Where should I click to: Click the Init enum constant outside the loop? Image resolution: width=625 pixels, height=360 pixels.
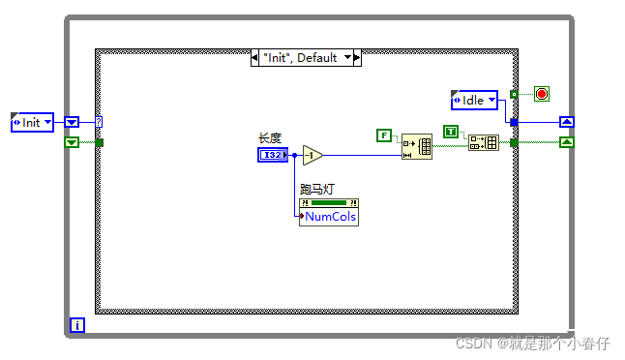pos(33,122)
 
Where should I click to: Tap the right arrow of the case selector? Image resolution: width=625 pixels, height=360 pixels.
pos(356,58)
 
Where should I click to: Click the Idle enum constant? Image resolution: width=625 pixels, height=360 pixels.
pos(474,100)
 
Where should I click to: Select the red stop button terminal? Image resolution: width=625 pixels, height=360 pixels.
pos(541,94)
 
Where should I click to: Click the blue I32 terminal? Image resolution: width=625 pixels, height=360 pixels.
pos(273,155)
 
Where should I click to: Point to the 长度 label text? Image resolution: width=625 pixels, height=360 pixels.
pos(269,138)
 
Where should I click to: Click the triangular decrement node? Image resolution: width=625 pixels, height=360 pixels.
pos(312,155)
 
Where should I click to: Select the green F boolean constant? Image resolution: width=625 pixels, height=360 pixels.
pos(384,135)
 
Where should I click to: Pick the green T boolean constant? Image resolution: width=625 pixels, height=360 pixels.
pos(450,132)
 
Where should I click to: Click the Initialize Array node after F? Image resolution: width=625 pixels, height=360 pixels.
pos(417,146)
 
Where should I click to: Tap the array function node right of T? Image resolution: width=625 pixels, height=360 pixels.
pos(483,142)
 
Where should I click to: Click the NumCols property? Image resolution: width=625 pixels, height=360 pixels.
pos(330,217)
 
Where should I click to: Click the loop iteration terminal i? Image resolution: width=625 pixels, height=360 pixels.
pos(77,325)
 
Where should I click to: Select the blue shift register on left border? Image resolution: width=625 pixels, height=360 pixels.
pos(72,122)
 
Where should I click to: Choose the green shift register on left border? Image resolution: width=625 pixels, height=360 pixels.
pos(72,142)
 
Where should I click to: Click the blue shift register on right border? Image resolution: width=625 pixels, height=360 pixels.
pos(567,122)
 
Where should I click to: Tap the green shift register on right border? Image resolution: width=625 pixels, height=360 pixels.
pos(567,142)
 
